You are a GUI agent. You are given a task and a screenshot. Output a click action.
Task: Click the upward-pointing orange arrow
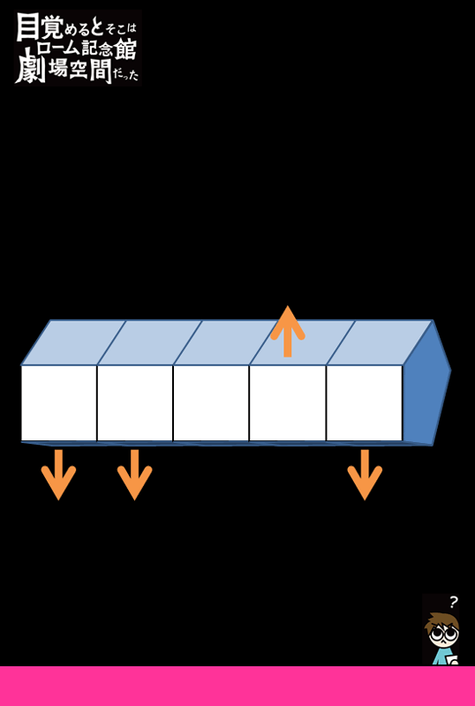click(288, 332)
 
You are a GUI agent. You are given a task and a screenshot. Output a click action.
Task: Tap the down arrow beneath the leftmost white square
click(58, 475)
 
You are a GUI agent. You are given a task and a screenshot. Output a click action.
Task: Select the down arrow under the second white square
click(135, 475)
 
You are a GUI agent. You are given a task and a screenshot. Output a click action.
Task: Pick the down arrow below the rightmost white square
click(365, 475)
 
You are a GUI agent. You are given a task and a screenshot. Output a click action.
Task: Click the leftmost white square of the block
click(58, 403)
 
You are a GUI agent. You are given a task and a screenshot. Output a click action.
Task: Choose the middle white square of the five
click(211, 403)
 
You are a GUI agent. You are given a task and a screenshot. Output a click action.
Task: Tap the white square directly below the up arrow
click(288, 403)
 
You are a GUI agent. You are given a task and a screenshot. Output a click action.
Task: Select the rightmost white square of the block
click(364, 403)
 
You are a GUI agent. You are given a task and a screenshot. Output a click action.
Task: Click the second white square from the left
click(135, 403)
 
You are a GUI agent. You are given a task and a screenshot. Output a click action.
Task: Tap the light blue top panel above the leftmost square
click(73, 342)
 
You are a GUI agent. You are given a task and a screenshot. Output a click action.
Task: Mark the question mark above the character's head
click(453, 602)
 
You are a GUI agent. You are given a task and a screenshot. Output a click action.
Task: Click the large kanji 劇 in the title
click(31, 65)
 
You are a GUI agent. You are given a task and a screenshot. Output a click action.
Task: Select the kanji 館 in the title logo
click(124, 49)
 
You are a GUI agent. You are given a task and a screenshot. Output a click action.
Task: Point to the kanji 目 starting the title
click(27, 27)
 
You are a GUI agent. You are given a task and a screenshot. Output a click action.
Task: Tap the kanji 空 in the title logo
click(79, 69)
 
